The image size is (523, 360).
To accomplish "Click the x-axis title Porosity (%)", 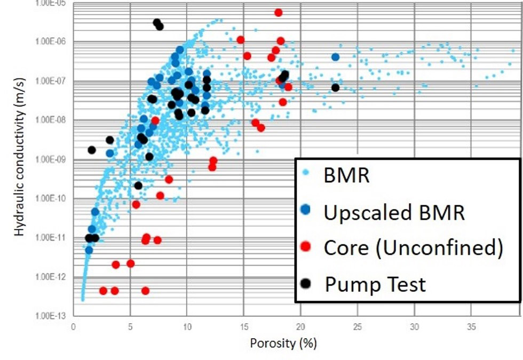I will tap(283, 343).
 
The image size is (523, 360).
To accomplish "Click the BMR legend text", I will tap(346, 175).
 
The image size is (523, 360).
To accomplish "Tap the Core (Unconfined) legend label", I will tap(413, 247).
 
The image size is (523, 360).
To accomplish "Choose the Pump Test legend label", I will tap(375, 284).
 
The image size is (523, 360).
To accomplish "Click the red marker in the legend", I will tap(305, 247).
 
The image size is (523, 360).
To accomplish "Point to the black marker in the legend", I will tap(305, 283).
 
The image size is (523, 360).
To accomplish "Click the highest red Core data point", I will tap(278, 12).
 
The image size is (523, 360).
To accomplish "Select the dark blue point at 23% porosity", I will tap(335, 57).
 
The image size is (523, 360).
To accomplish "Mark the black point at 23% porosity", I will tap(335, 87).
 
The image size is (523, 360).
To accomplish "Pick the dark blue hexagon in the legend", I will tap(305, 211).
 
